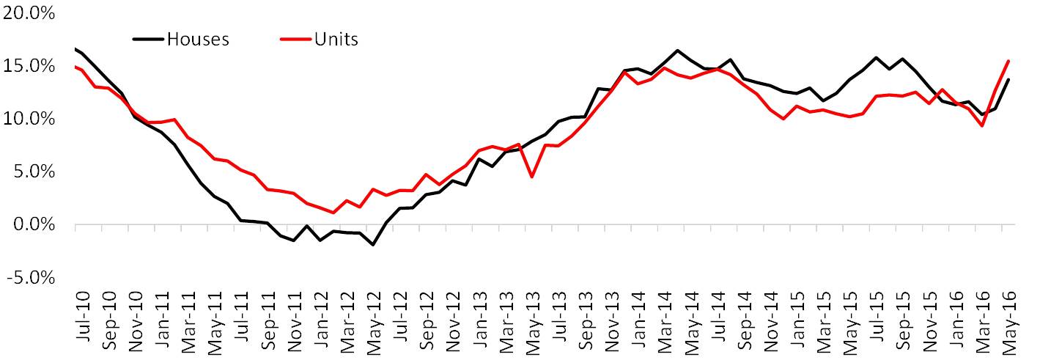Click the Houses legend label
[x=198, y=40]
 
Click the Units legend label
[x=336, y=40]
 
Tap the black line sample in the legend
[x=149, y=40]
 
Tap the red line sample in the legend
[x=296, y=40]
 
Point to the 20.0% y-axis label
[x=29, y=13]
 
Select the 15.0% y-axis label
[x=29, y=67]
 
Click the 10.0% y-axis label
[x=29, y=120]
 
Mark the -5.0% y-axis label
[x=31, y=278]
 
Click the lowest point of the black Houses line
[x=373, y=245]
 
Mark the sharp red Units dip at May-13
[x=531, y=177]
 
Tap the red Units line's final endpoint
[x=1008, y=61]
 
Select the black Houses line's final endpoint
[x=1008, y=79]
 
